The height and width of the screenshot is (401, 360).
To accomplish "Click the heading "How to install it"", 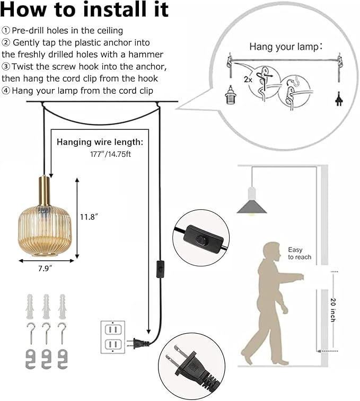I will (x=85, y=10).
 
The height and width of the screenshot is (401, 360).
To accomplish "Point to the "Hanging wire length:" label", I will (x=100, y=142).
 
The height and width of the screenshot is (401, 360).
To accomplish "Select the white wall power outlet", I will (x=112, y=337).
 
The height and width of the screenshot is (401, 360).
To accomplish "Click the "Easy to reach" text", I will (x=300, y=253).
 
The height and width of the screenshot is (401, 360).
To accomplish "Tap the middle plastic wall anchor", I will (x=47, y=306).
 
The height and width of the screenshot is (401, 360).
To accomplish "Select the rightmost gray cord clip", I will (x=63, y=359).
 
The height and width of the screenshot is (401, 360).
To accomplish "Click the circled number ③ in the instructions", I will (x=6, y=66).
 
